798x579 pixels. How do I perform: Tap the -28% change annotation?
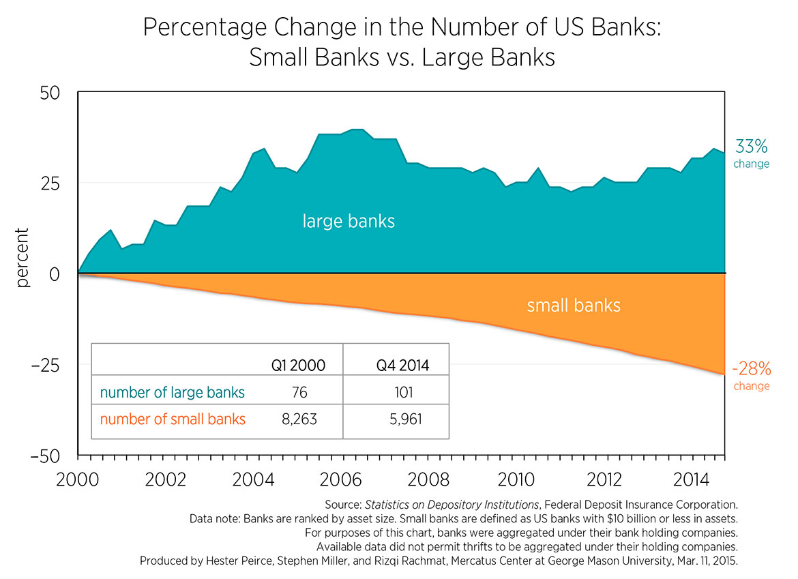click(751, 376)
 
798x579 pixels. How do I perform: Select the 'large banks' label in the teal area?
click(349, 221)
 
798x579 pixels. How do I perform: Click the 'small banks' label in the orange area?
click(574, 305)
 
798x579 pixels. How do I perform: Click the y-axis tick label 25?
click(51, 183)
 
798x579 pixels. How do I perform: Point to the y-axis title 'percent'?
click(23, 258)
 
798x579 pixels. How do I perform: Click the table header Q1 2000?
click(298, 366)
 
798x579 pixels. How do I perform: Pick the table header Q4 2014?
click(402, 366)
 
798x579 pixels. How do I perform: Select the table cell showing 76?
click(299, 392)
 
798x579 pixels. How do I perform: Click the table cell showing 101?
click(402, 392)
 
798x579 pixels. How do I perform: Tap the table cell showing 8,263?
click(299, 419)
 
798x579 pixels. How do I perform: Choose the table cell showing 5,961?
click(402, 419)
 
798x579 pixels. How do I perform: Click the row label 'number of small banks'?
click(173, 419)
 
